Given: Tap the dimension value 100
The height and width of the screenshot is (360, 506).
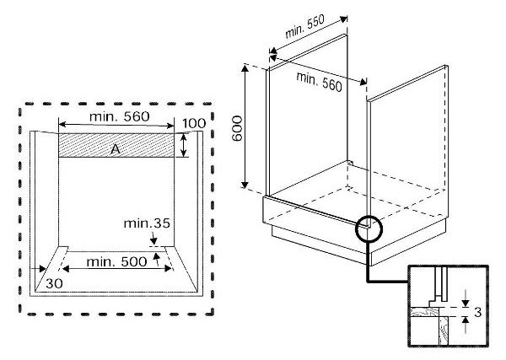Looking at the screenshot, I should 193,124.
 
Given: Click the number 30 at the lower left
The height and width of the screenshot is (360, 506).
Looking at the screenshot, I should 55,281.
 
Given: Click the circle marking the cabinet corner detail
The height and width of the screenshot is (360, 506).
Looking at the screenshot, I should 369,228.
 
